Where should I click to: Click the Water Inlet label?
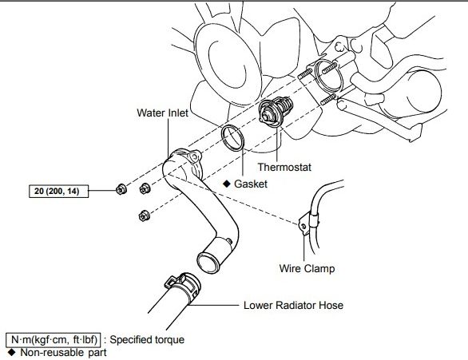[162, 113]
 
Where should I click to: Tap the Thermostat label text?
[284, 167]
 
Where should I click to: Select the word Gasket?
[251, 184]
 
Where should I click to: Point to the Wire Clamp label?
[307, 268]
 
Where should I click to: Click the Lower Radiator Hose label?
[293, 306]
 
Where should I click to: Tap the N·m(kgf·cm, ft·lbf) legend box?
[54, 340]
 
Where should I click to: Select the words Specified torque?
[147, 340]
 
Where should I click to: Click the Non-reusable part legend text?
[63, 353]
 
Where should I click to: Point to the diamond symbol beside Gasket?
[227, 184]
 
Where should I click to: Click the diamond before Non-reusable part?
[12, 352]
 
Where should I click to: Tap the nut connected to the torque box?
[121, 189]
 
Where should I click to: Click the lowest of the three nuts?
[145, 216]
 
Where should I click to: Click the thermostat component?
[276, 112]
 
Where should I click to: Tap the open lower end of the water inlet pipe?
[208, 263]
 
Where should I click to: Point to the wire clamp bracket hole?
[303, 227]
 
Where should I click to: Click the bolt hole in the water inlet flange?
[195, 156]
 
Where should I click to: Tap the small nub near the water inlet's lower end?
[229, 241]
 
